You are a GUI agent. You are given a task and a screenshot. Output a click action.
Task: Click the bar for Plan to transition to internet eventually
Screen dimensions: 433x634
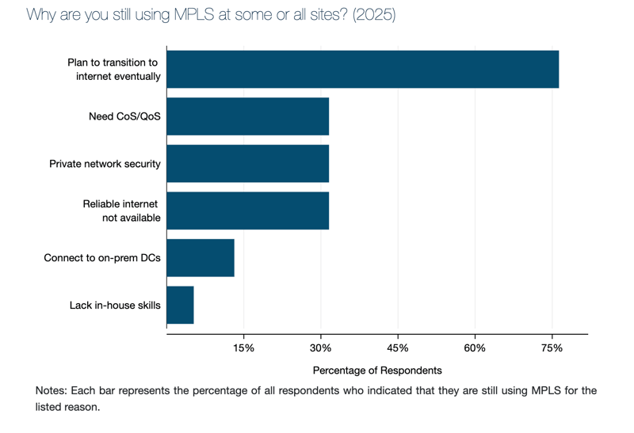363,69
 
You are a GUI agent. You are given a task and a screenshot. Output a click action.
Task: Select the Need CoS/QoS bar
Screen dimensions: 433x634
247,116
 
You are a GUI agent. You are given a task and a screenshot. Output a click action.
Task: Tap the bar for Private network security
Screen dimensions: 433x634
247,164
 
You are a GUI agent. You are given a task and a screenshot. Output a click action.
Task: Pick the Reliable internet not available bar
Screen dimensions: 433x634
247,211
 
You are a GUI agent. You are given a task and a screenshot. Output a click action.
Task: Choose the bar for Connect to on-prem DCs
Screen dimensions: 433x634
201,258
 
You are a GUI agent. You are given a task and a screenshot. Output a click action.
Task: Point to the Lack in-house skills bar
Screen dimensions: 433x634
180,305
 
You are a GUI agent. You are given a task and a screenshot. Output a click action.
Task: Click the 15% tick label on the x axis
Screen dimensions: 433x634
243,349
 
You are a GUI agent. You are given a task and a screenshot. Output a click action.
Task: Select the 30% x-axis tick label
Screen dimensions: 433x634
320,349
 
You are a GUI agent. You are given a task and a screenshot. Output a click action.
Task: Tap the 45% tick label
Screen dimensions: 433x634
398,349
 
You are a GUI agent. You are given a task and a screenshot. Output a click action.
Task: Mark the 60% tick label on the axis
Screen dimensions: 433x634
475,349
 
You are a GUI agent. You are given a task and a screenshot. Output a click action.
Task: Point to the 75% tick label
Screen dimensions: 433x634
552,349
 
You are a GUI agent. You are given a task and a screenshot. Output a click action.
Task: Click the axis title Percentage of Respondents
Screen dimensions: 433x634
377,370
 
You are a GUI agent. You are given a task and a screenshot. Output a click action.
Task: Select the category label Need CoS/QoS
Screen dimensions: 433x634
124,116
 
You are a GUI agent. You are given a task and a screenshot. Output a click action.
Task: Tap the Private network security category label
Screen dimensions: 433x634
105,164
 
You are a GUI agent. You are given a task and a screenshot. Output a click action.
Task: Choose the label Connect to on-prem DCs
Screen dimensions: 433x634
102,258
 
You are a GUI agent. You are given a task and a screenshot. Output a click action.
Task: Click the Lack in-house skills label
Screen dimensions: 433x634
115,305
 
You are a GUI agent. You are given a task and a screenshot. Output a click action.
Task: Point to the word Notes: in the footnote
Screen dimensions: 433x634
52,391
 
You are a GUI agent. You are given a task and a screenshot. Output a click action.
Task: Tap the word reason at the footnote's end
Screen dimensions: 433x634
82,407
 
